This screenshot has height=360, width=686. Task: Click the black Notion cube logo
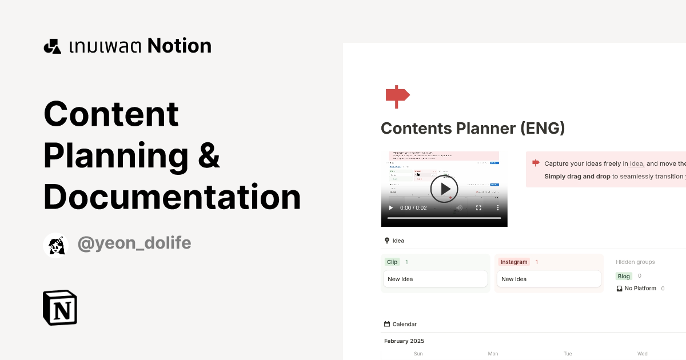(60, 308)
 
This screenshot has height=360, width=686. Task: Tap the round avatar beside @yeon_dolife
(56, 245)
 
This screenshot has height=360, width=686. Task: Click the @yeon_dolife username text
(134, 243)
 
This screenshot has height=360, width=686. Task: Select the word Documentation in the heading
(172, 197)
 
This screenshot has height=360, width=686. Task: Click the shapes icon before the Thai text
(53, 46)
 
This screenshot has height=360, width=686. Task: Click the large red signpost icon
(397, 96)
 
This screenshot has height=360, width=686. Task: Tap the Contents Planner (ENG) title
(473, 128)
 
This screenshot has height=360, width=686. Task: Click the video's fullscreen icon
(479, 208)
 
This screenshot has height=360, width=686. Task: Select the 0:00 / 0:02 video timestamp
(413, 208)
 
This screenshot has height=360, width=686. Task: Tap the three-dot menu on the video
(497, 208)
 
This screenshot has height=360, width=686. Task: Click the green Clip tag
(392, 262)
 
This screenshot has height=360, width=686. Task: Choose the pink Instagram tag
(514, 262)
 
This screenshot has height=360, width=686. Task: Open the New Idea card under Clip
(435, 279)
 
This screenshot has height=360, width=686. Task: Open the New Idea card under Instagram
(548, 279)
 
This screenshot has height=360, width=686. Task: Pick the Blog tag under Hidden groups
(624, 276)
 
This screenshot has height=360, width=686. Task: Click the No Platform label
(640, 289)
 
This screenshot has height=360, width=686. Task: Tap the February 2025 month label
(404, 341)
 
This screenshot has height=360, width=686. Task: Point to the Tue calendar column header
(568, 354)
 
